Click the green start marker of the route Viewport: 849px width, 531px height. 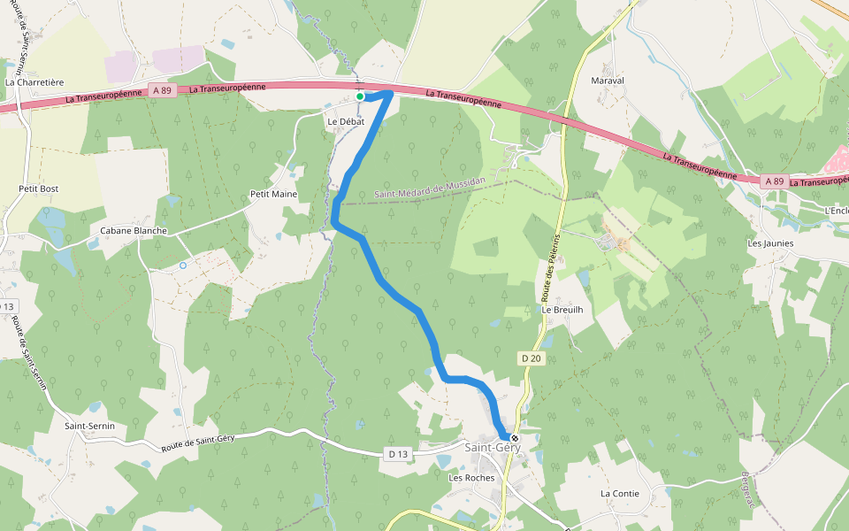(x=360, y=96)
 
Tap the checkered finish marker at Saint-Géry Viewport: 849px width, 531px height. (x=514, y=437)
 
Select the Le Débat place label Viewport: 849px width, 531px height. (x=346, y=121)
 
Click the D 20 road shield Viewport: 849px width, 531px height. (x=531, y=358)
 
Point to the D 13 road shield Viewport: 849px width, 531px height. (x=398, y=454)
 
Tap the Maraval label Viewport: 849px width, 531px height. (x=607, y=81)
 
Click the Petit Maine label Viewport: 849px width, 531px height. (x=273, y=194)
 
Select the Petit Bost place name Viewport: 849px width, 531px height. (x=38, y=189)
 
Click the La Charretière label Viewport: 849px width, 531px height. (x=34, y=82)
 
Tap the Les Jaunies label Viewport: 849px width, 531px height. (x=770, y=243)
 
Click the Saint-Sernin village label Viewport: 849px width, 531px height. (x=89, y=426)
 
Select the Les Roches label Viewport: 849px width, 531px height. (x=471, y=478)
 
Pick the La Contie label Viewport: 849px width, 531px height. (x=619, y=493)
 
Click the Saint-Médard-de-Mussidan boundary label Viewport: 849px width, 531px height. (x=430, y=188)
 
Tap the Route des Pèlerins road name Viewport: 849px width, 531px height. (x=548, y=265)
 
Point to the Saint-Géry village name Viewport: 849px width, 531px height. (x=493, y=448)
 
